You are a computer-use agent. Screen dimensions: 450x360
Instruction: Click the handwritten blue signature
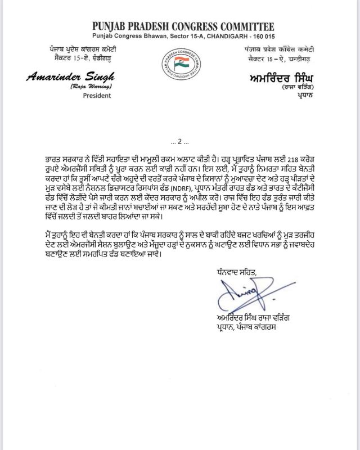pos(242,292)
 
